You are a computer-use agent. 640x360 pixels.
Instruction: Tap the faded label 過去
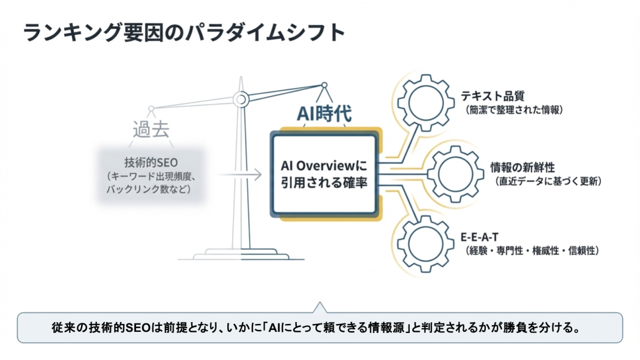151,130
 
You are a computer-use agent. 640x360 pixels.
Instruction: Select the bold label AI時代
324,114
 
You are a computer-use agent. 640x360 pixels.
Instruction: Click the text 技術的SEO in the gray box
151,163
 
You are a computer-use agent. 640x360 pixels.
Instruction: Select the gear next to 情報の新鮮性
450,172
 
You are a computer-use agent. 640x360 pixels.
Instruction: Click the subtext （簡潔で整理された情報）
515,110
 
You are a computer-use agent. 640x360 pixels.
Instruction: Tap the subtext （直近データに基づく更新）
548,181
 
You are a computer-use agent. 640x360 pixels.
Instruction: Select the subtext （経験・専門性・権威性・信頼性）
531,250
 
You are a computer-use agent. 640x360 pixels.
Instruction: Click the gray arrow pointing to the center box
240,175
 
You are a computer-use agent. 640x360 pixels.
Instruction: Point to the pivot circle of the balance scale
241,98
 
